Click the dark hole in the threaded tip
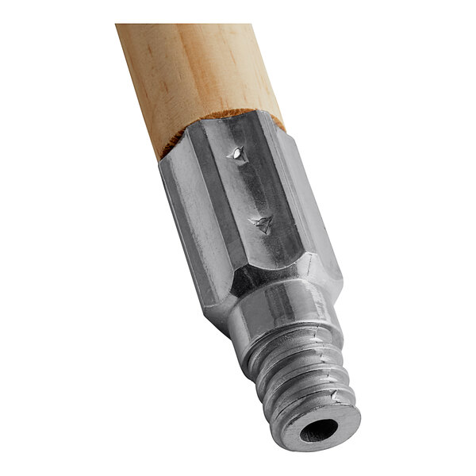[319, 432]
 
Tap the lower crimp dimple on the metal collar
[263, 225]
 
